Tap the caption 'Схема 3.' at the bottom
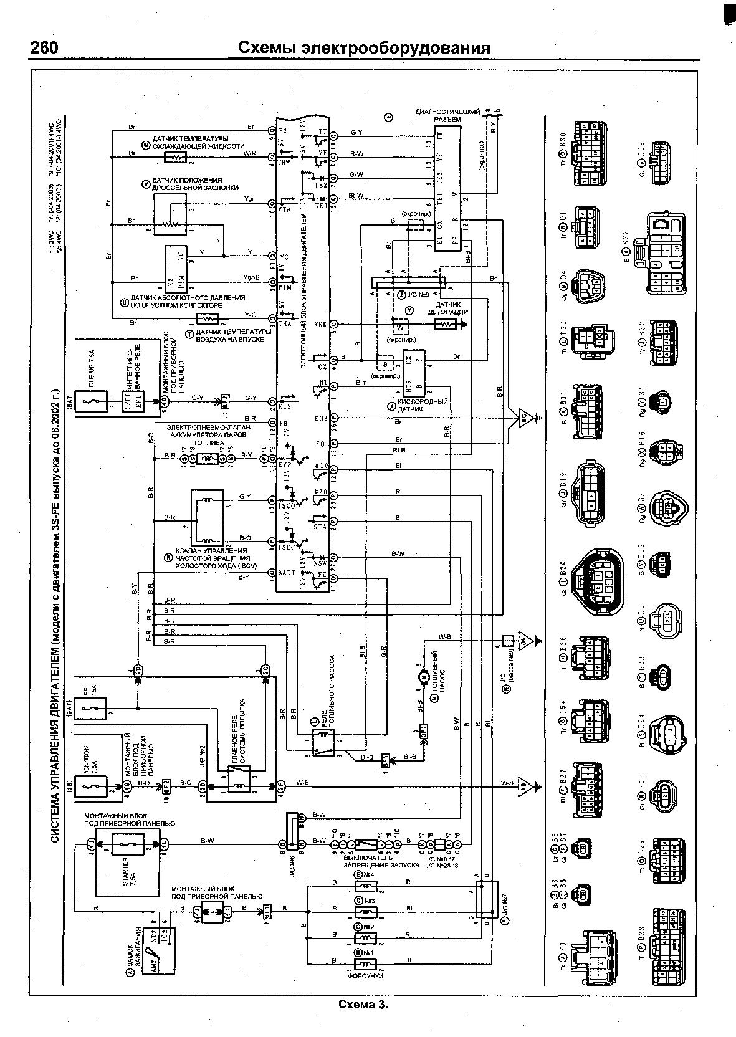point(363,1005)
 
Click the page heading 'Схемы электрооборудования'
point(365,49)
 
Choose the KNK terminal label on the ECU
point(320,324)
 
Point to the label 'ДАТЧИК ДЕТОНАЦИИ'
point(447,308)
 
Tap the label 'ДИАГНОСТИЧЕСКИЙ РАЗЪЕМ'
point(447,115)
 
